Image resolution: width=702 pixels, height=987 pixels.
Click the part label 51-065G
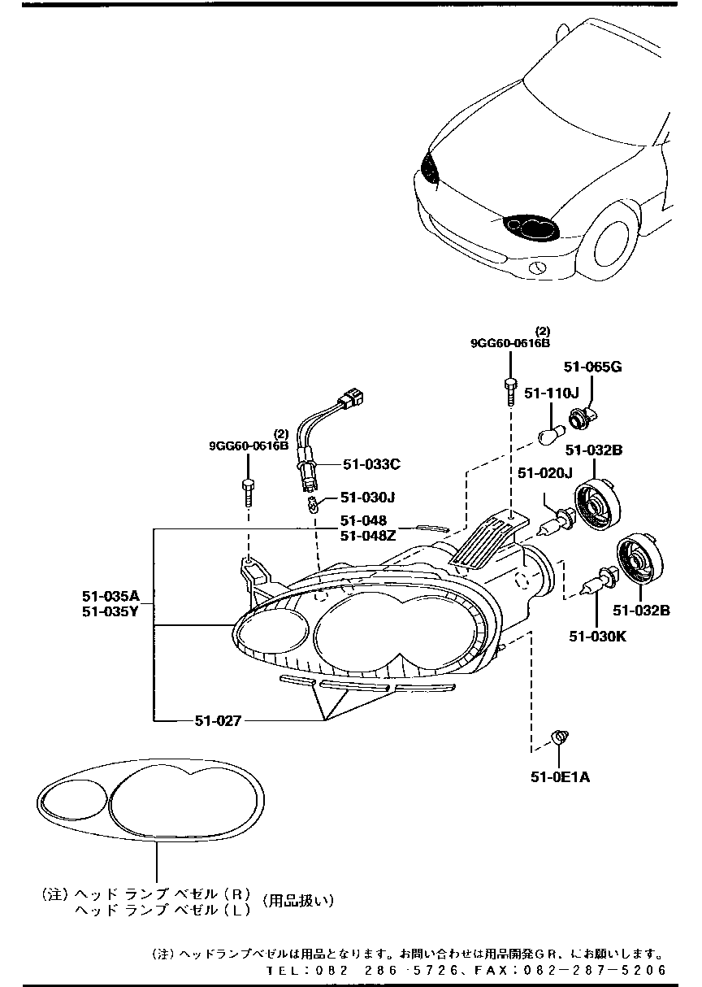tap(592, 367)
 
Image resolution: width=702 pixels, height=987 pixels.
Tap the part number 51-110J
tap(551, 393)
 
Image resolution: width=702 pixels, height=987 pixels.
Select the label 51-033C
tap(370, 464)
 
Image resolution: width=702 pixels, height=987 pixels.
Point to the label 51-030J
tap(367, 497)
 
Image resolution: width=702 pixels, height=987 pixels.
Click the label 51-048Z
tap(368, 535)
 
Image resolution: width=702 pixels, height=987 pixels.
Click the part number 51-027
tap(218, 720)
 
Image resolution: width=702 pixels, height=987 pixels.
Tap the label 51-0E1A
tap(560, 777)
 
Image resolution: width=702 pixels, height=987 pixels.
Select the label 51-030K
tap(597, 637)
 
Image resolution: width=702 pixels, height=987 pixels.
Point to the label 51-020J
tap(545, 473)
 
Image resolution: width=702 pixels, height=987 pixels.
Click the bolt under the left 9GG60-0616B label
tap(248, 492)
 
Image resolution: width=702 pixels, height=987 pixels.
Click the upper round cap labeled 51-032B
tap(596, 507)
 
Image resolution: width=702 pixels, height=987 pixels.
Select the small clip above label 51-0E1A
tap(558, 737)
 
